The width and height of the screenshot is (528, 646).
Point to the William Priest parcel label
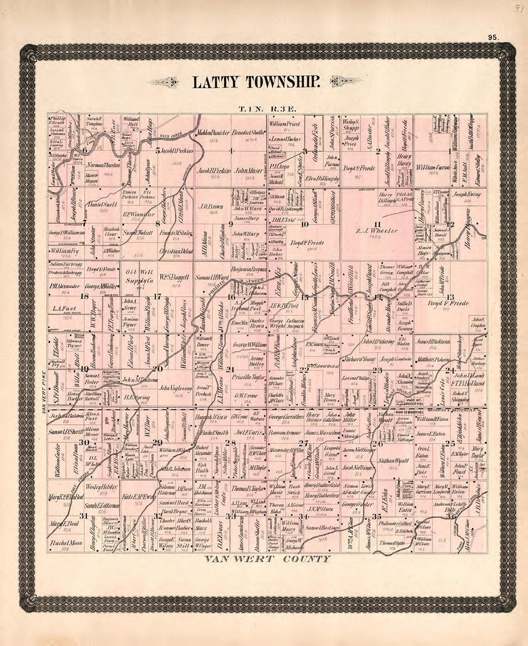click(x=284, y=124)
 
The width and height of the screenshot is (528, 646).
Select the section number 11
click(x=377, y=224)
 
